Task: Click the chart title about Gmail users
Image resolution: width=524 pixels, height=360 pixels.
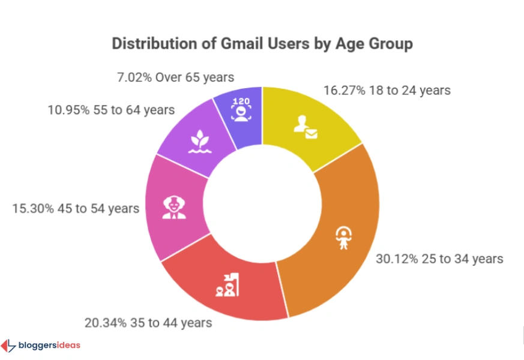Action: [262, 44]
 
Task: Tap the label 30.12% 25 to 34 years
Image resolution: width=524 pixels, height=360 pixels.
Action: [439, 259]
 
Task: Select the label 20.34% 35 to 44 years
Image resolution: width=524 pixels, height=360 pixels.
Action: [148, 323]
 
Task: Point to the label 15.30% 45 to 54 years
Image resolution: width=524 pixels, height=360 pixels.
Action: [76, 208]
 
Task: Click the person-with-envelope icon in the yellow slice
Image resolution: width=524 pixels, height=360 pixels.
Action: [305, 127]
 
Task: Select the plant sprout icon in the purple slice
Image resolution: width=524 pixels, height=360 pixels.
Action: [197, 143]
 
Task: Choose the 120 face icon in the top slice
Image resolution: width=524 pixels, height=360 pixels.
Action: [241, 110]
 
